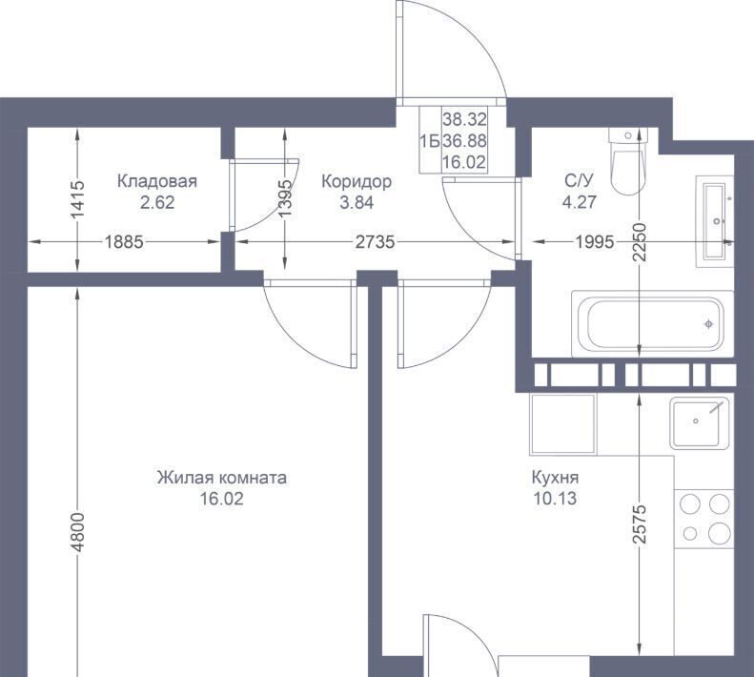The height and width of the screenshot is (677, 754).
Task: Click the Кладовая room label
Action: [x=157, y=181]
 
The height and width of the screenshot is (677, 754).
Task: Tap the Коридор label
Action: [x=357, y=181]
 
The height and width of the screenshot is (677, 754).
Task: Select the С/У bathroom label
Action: [x=579, y=181]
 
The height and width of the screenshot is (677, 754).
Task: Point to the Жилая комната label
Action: [x=222, y=478]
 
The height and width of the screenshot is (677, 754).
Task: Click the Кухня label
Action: [x=555, y=478]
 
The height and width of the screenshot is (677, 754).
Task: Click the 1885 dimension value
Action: [x=124, y=241]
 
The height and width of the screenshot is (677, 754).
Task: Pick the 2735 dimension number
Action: [x=375, y=241]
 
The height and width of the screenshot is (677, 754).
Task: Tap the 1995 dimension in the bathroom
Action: [x=595, y=241]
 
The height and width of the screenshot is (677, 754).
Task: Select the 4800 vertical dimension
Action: [x=78, y=532]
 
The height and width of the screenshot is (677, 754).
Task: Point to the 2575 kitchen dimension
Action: [x=639, y=524]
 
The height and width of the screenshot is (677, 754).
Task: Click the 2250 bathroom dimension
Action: [x=639, y=242]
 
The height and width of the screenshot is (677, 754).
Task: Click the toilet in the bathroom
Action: [x=628, y=161]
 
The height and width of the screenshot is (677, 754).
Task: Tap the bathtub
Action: [x=652, y=323]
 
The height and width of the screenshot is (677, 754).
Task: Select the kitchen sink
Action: [x=700, y=423]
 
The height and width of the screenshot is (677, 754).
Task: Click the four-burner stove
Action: [x=704, y=518]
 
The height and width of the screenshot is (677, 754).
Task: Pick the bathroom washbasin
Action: [x=715, y=221]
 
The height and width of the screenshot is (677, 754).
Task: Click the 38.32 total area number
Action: [x=464, y=119]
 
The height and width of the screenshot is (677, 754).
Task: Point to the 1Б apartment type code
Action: [x=430, y=141]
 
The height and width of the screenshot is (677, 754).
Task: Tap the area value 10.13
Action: [x=555, y=499]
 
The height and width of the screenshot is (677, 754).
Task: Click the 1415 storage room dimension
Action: [x=78, y=198]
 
